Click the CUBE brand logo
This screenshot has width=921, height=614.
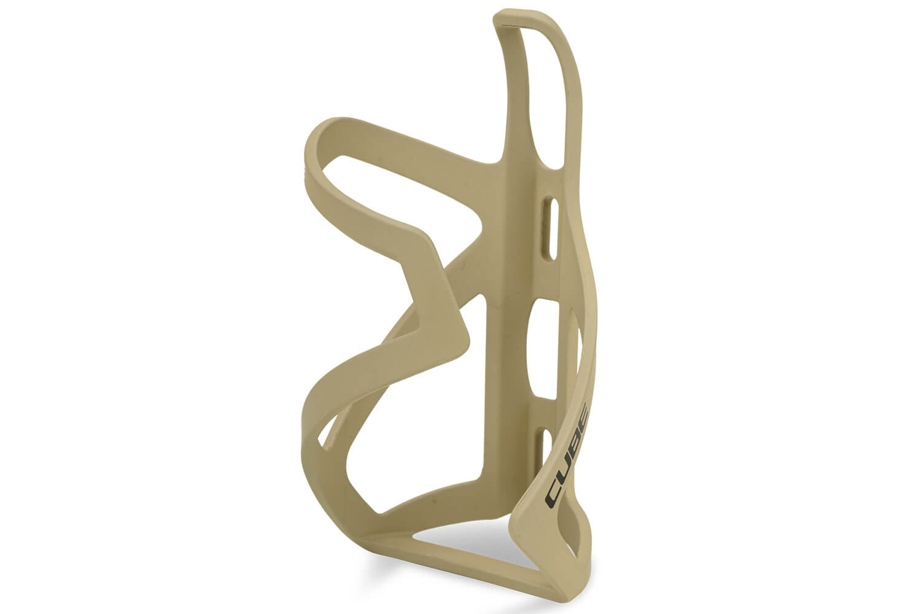click(568, 453)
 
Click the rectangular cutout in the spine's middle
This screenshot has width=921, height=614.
click(548, 348)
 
